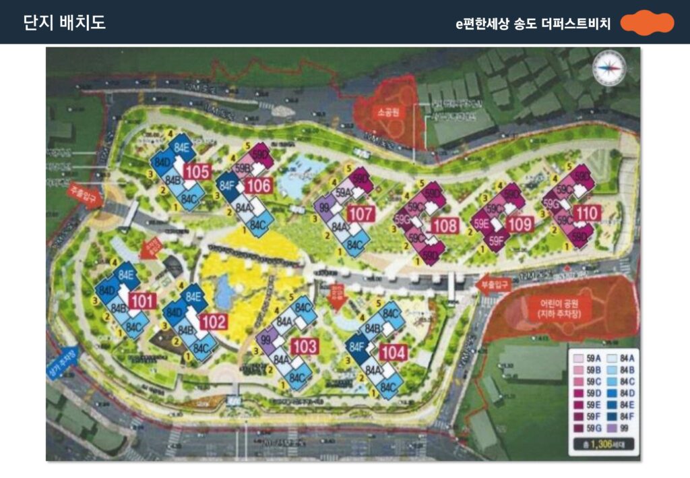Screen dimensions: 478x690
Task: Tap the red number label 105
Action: click(197, 172)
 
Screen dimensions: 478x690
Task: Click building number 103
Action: click(305, 347)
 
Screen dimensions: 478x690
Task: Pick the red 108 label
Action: click(444, 226)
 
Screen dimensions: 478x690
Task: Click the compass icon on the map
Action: click(609, 68)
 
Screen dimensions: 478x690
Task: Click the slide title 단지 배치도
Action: click(65, 22)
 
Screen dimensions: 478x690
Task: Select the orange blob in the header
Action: click(646, 23)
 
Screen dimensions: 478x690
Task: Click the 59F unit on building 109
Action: click(497, 239)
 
